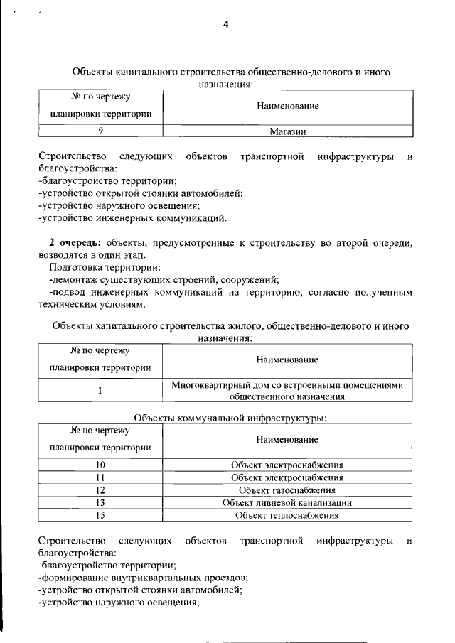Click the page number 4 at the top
(x=226, y=25)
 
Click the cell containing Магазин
(x=287, y=131)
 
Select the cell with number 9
(x=100, y=131)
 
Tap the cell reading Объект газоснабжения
(x=287, y=490)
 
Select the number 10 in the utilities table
(x=100, y=465)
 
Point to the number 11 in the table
(x=100, y=477)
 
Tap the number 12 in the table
(x=100, y=490)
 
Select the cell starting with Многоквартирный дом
(x=287, y=390)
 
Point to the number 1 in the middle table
(x=100, y=390)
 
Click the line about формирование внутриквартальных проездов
(x=143, y=578)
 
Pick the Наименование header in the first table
(x=287, y=106)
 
